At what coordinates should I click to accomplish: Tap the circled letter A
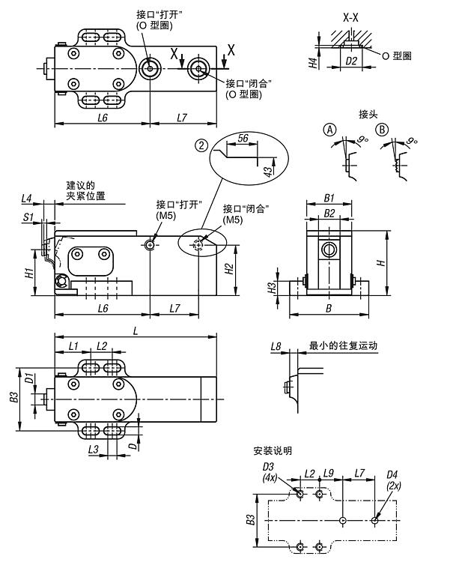point(330,130)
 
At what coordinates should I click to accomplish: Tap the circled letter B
point(383,130)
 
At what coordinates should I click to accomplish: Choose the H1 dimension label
point(27,274)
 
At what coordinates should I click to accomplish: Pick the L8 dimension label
point(276,346)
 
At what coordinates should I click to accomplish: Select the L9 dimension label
point(329,474)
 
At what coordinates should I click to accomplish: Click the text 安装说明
point(273,451)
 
